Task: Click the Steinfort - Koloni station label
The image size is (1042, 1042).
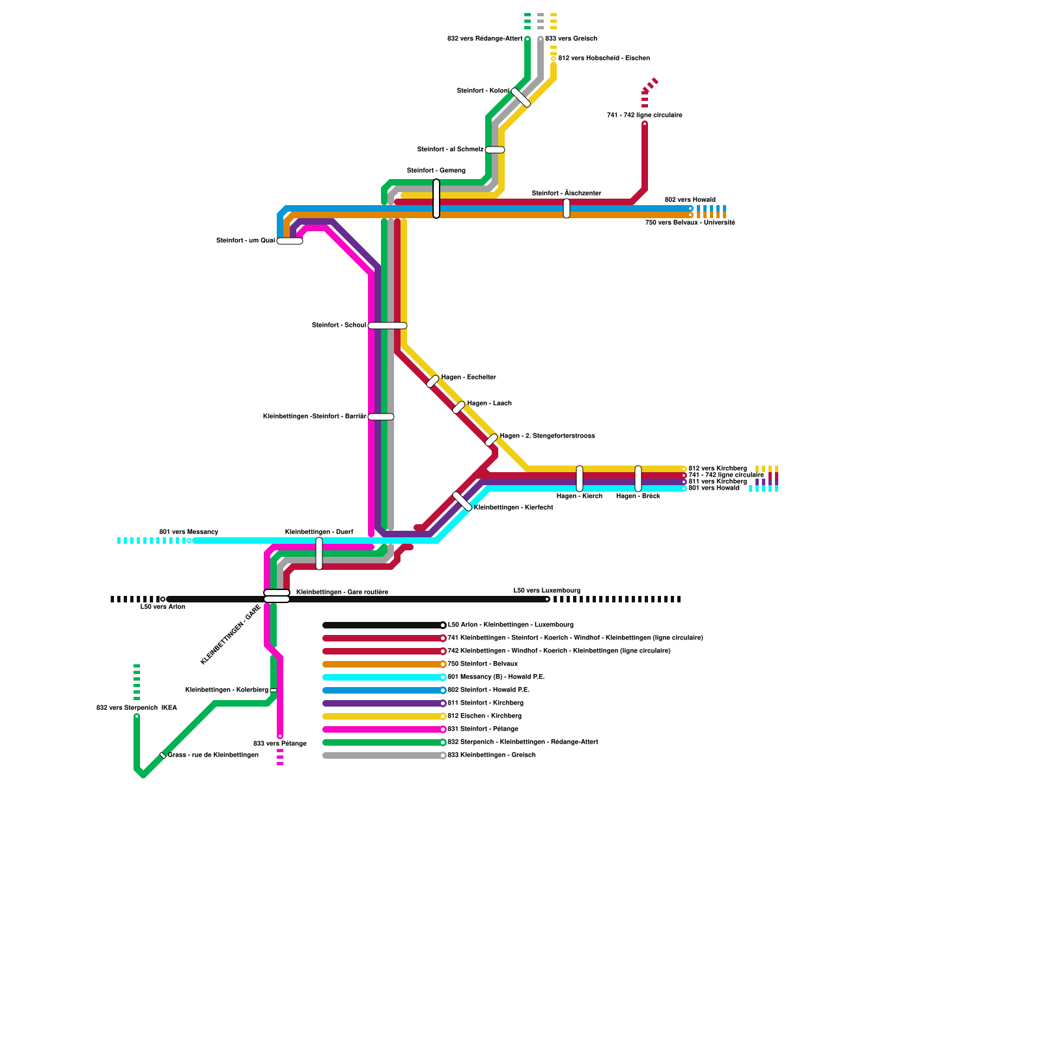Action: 483,91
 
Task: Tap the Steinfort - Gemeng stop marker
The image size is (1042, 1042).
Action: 436,199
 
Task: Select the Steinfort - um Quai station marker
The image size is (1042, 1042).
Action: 290,241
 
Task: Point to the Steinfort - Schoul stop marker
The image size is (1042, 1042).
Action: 387,326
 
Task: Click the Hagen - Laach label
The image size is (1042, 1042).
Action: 489,403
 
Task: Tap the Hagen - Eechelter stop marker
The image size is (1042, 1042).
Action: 433,381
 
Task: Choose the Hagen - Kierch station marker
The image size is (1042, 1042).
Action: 580,479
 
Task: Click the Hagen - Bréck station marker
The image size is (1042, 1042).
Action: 638,479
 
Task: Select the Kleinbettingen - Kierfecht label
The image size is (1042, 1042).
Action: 513,507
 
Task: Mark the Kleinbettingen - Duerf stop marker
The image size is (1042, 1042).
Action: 319,554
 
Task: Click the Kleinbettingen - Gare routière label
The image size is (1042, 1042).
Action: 342,592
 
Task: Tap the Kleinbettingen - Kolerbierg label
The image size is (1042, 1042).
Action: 227,690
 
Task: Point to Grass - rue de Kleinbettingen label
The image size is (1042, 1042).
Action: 213,755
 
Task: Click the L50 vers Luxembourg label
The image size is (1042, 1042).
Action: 547,591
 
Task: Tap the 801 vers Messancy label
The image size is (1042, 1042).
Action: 189,532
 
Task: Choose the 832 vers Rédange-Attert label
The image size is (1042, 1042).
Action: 485,38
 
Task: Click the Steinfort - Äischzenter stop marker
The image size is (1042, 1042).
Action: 567,208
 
